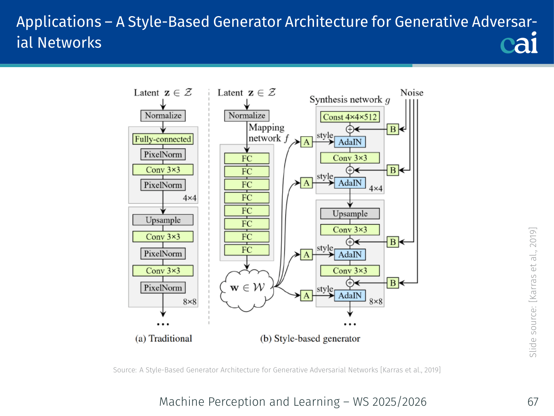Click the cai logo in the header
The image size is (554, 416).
(519, 43)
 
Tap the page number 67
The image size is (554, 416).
(533, 402)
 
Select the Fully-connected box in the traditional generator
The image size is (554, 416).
(163, 139)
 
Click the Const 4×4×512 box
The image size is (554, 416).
(350, 117)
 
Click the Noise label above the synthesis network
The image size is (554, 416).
(411, 93)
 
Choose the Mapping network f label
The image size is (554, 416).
(267, 133)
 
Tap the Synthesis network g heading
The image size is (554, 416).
(350, 100)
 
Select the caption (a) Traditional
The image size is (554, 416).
(163, 339)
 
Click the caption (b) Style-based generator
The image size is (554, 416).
(310, 339)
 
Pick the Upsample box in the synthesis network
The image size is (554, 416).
(350, 214)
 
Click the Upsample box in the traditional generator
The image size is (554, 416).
(163, 220)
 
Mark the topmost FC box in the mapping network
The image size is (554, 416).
(247, 158)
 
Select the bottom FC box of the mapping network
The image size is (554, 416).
(247, 250)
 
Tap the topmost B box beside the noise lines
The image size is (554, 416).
(393, 129)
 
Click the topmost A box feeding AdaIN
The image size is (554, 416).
(306, 142)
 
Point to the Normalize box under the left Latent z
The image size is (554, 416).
(163, 116)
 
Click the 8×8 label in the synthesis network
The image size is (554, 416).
(376, 302)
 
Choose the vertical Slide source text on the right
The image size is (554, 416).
(533, 292)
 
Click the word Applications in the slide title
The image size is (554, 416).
(59, 22)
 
